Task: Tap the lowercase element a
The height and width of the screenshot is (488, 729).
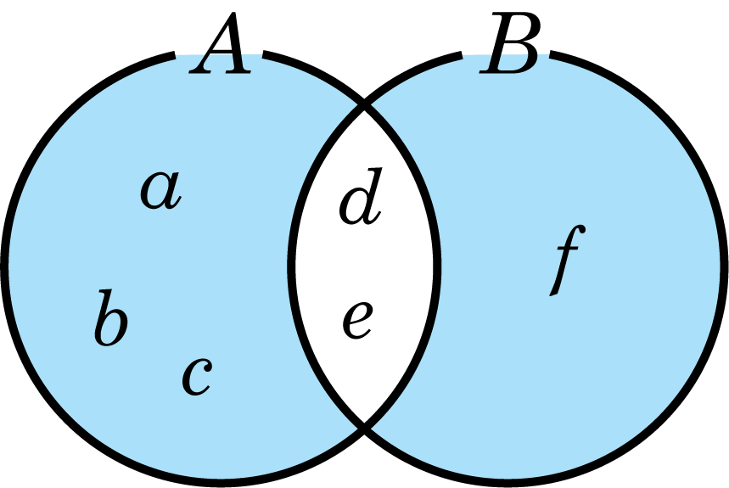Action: pyautogui.click(x=161, y=189)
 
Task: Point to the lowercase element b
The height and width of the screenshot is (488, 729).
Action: pyautogui.click(x=110, y=317)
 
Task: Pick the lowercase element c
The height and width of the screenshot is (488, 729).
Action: pyautogui.click(x=197, y=376)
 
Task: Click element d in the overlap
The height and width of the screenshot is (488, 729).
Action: pyautogui.click(x=361, y=196)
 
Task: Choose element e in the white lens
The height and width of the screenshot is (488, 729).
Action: pyautogui.click(x=357, y=320)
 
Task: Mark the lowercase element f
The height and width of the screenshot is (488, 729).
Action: pyautogui.click(x=567, y=261)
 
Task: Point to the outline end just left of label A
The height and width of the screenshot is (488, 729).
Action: pyautogui.click(x=175, y=55)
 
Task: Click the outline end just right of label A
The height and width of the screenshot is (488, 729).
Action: pyautogui.click(x=263, y=54)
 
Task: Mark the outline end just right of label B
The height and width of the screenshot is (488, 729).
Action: pyautogui.click(x=551, y=54)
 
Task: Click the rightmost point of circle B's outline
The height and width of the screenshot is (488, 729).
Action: pyautogui.click(x=725, y=267)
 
